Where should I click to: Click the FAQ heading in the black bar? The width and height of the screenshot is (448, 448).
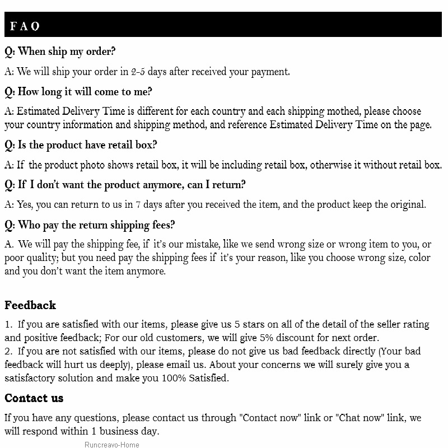coord(25,26)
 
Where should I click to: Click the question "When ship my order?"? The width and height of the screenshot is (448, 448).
coord(60,52)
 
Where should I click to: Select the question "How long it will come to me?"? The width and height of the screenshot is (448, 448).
coord(78,92)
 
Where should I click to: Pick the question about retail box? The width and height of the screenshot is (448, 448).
coord(81,145)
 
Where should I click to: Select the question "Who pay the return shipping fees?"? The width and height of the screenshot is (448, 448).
coord(90,225)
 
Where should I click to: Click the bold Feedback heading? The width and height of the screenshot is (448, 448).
coord(30,305)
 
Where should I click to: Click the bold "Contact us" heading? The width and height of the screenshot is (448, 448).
coord(34,398)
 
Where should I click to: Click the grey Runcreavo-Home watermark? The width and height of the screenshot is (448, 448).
coord(112,445)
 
